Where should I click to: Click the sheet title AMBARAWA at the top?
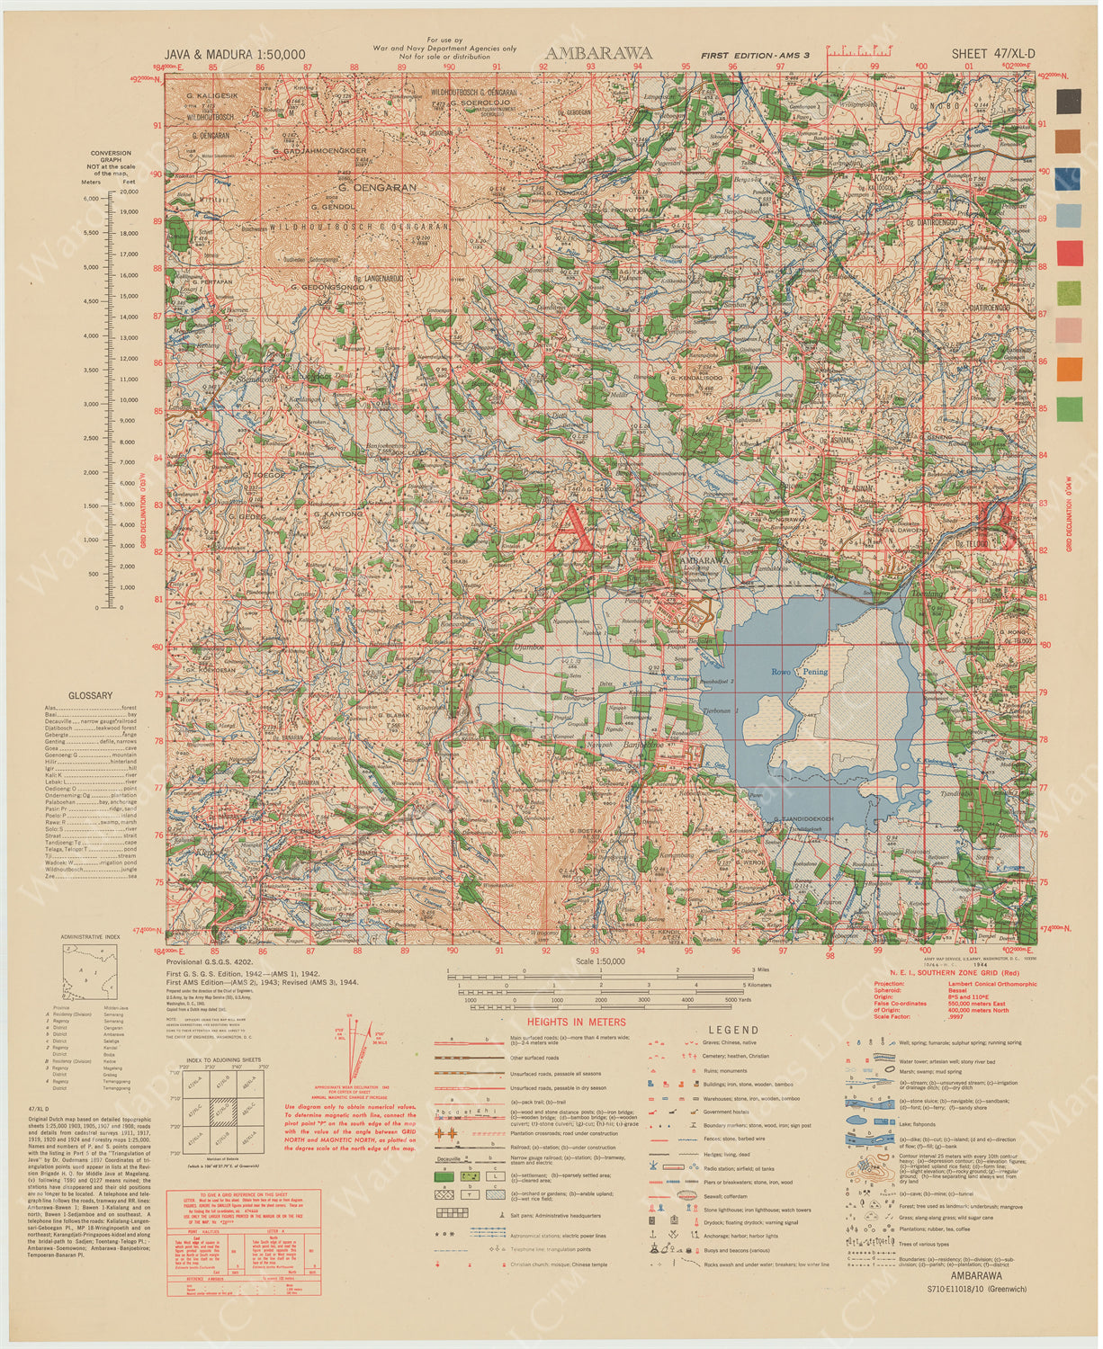598,53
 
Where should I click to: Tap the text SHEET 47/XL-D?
993,54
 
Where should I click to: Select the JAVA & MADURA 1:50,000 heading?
235,55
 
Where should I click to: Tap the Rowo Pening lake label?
799,672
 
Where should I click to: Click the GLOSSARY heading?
91,695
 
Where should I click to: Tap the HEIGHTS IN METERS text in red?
576,1022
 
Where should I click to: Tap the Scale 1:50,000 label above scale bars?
599,961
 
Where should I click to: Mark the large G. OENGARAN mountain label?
377,188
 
